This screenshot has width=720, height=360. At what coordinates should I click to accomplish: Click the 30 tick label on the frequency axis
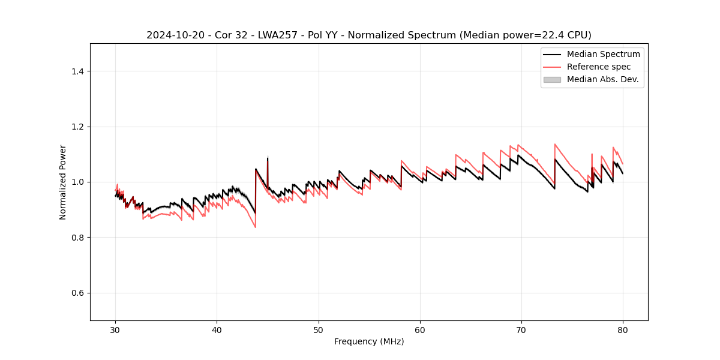115,330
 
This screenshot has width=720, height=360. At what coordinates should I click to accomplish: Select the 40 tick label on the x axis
217,330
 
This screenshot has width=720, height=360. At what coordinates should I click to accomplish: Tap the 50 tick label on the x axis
318,330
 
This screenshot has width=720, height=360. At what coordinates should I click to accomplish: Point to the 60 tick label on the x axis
420,330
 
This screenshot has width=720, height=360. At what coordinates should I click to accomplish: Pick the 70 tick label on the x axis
521,330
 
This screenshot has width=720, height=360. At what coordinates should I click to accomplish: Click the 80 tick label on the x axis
623,330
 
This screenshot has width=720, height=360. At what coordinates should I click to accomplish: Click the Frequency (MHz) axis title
369,341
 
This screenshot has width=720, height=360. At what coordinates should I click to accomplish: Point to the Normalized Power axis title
63,182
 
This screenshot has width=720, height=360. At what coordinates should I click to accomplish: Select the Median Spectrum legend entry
603,54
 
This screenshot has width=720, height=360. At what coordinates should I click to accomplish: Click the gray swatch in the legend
552,79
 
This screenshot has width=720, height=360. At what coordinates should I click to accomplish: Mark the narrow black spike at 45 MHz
268,162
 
